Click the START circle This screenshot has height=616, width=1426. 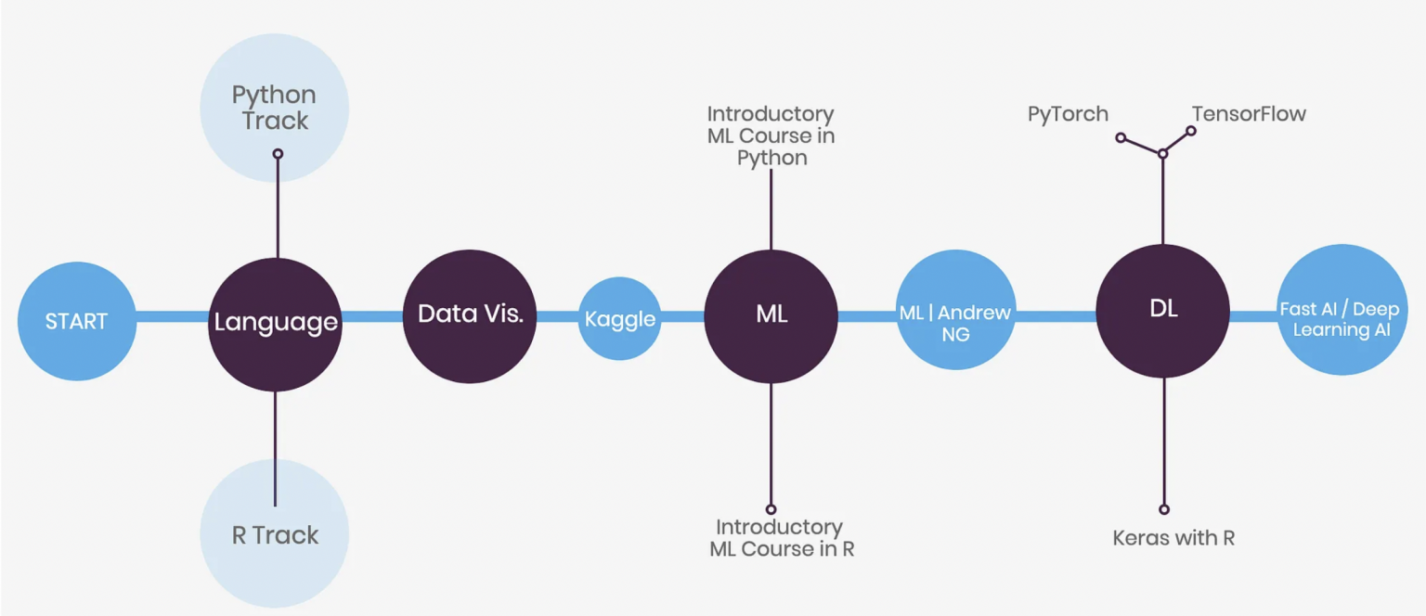(x=76, y=321)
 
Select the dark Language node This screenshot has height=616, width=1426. (x=276, y=322)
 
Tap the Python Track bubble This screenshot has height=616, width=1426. (x=274, y=108)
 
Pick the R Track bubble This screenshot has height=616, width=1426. (x=275, y=534)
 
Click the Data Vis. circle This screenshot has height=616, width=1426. (x=470, y=315)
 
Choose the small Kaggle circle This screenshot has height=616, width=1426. (x=619, y=319)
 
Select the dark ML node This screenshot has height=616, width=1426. (x=771, y=315)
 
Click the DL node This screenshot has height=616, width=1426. (x=1163, y=311)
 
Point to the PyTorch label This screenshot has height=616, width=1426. (x=1068, y=114)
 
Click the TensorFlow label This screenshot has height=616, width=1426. (x=1249, y=114)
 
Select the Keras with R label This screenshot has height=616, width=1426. (x=1173, y=537)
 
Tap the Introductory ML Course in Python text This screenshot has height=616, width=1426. (x=771, y=135)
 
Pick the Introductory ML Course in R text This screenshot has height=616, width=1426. (x=781, y=538)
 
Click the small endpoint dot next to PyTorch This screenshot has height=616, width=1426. (x=1121, y=137)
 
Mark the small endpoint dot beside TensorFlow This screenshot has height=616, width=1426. (x=1191, y=131)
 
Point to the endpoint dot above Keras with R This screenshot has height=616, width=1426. (x=1164, y=509)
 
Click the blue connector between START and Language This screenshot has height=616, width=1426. (x=172, y=317)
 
